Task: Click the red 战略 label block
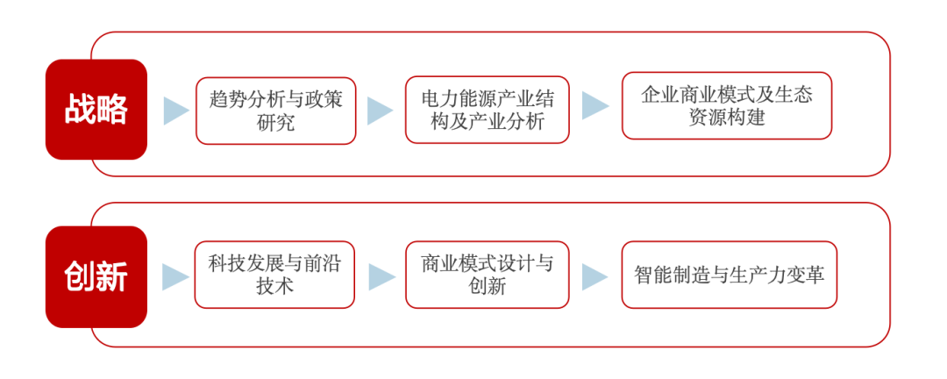96,110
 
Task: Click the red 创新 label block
96,277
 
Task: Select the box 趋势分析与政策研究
275,111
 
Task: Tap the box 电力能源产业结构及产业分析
487,110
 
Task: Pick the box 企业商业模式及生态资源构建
726,105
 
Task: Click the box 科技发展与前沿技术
274,275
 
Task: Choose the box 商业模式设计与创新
487,275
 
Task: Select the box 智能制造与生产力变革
729,275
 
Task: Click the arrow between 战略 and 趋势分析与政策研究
175,111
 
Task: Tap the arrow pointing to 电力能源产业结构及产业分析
379,111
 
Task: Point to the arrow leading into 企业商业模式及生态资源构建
595,106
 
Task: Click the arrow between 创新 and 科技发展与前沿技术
174,277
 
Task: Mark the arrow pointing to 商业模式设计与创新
381,276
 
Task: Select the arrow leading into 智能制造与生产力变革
595,276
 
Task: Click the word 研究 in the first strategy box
275,123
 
